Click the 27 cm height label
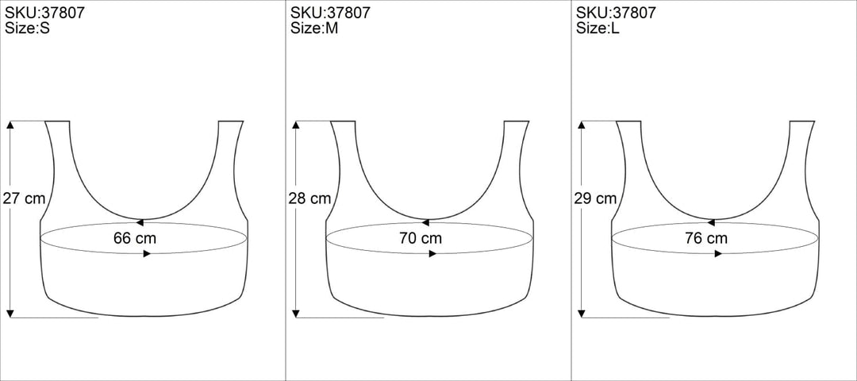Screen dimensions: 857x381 [x=24, y=198]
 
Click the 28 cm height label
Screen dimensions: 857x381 [x=310, y=198]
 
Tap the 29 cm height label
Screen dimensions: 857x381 [x=595, y=198]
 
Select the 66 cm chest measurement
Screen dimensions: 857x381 [x=135, y=238]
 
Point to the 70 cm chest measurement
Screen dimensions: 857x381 [x=421, y=238]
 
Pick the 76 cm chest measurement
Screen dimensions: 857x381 [x=706, y=238]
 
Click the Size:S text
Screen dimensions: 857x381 [x=27, y=29]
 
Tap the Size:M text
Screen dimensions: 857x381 [x=314, y=29]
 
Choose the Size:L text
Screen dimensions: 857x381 [x=598, y=29]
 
